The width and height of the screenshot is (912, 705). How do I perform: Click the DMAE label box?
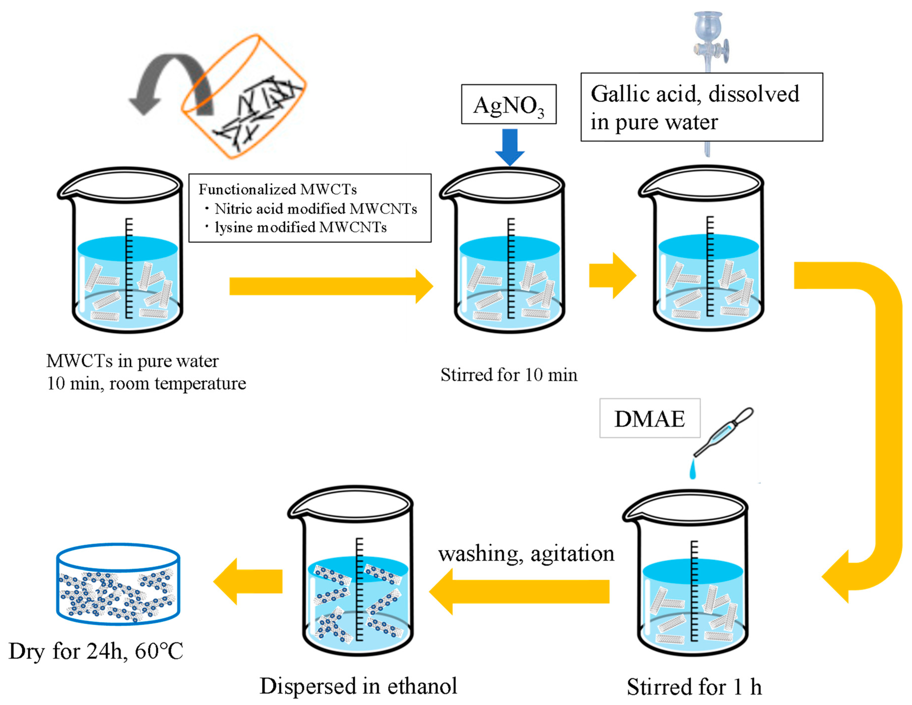[x=649, y=418]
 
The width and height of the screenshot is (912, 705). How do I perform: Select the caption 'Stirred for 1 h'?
[x=694, y=687]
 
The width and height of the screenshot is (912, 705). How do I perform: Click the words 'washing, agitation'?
[x=526, y=554]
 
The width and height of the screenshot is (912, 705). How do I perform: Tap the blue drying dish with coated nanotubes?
[x=118, y=584]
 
